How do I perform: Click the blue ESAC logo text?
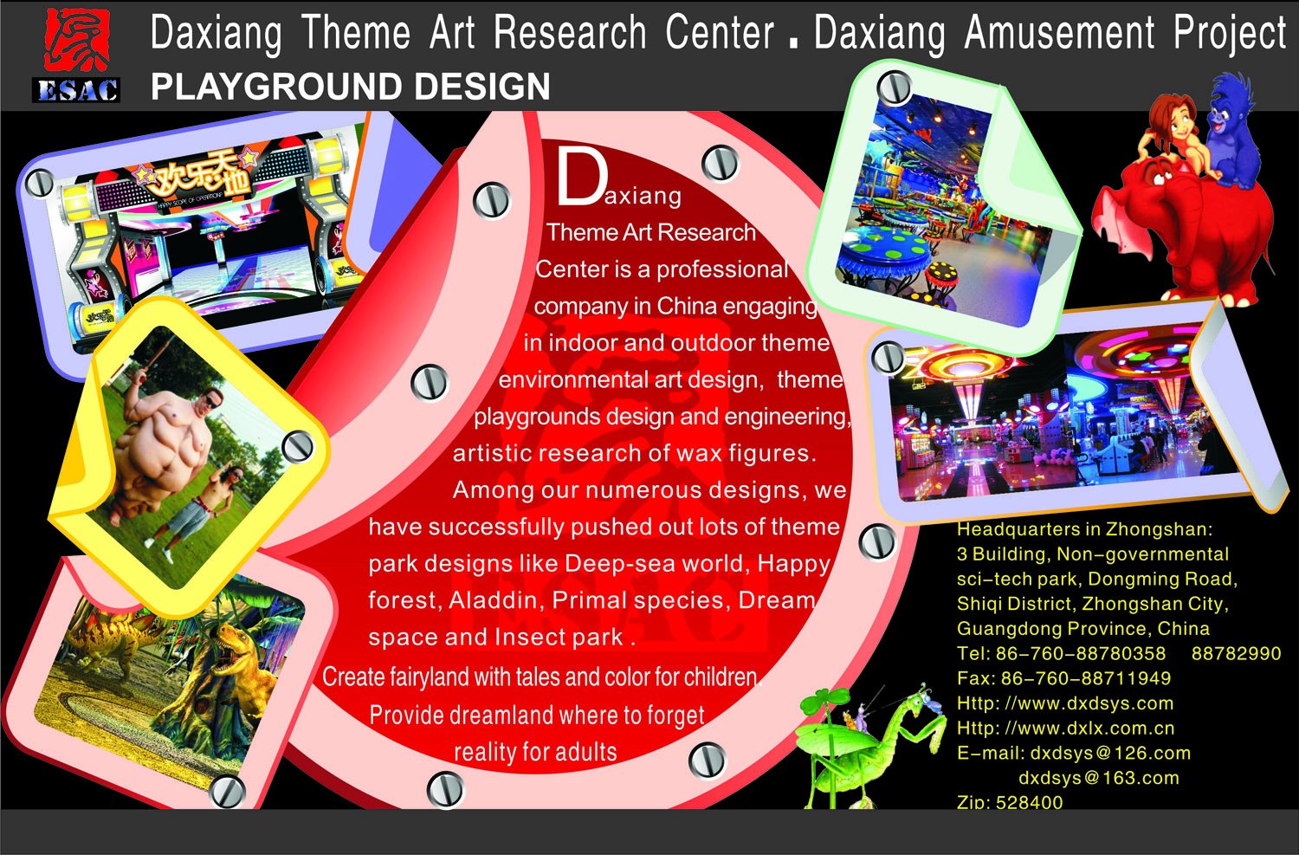[x=76, y=90]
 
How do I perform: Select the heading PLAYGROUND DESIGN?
[x=350, y=87]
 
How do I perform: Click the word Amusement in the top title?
[x=1059, y=32]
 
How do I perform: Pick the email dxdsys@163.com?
[x=1099, y=777]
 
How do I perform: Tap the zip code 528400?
[x=1030, y=801]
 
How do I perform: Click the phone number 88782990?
[x=1236, y=653]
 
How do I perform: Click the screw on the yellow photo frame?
[x=298, y=447]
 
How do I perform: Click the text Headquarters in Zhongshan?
[x=1084, y=529]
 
